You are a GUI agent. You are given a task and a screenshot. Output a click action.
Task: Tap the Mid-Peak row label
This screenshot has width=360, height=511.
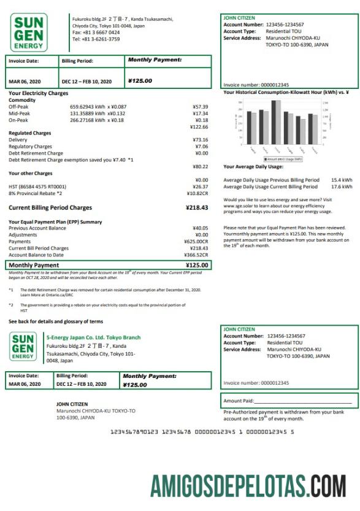19,113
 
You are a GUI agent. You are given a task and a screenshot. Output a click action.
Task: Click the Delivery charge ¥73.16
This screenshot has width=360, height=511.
200,140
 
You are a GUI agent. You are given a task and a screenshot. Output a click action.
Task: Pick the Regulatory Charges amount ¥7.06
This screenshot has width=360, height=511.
201,147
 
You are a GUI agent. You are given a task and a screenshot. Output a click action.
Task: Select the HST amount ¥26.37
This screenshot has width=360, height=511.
200,186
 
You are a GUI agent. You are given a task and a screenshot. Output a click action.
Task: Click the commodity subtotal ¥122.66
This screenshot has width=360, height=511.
199,127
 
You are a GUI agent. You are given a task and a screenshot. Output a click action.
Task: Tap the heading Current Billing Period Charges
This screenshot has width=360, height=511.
50,207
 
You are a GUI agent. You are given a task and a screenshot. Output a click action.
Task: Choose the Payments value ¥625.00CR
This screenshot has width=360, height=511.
196,241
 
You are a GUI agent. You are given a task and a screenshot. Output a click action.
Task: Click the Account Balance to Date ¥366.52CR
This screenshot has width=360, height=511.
196,255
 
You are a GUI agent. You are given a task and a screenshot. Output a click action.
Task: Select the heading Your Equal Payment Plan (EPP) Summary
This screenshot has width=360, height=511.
55,221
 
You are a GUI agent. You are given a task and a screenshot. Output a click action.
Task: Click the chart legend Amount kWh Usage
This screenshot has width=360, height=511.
285,158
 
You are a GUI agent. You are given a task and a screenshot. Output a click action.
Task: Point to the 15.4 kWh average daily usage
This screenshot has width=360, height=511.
342,180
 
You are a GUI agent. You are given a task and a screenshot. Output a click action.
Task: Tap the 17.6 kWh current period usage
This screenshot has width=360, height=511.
342,186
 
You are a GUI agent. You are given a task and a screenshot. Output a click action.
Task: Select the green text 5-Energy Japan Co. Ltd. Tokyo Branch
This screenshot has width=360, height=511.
93,337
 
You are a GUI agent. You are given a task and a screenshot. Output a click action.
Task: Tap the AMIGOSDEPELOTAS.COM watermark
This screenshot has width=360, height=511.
248,486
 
